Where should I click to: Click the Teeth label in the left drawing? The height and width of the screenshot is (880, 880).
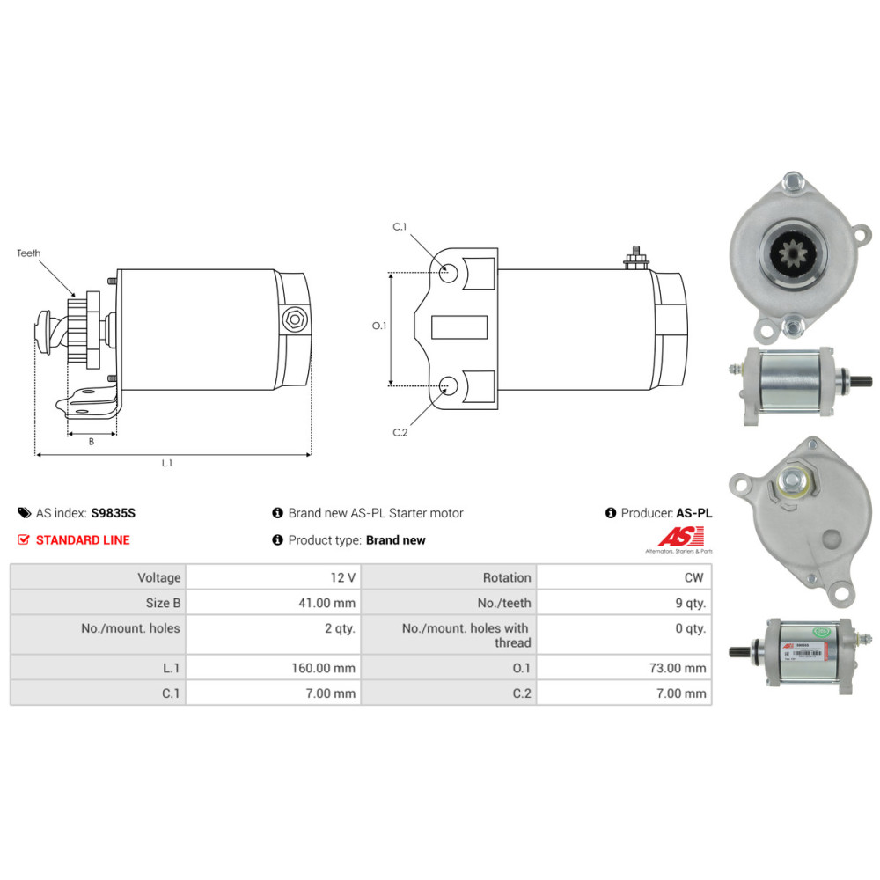(x=29, y=253)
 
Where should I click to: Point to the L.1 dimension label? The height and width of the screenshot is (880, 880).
(x=166, y=464)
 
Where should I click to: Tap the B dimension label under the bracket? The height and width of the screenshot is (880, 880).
(x=91, y=442)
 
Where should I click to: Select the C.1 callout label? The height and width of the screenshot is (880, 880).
(x=400, y=227)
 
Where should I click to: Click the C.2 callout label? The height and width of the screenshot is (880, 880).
(x=400, y=432)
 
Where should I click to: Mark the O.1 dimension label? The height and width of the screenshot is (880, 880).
(x=379, y=326)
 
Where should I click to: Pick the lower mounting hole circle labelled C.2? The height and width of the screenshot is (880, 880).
(x=449, y=385)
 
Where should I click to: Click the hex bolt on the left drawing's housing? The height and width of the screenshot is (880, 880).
(x=293, y=319)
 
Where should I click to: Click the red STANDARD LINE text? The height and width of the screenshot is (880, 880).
(x=83, y=540)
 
